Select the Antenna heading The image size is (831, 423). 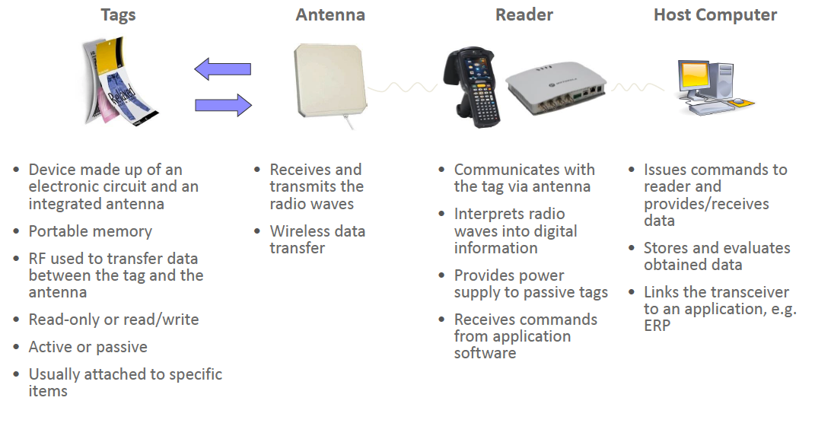330,14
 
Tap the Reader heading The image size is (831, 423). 524,14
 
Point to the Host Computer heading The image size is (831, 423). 715,14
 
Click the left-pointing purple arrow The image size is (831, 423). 223,69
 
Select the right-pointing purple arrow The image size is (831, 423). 223,105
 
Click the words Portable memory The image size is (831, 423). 90,231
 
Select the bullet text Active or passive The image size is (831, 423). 88,347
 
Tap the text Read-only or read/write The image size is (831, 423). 113,320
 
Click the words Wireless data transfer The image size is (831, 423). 317,240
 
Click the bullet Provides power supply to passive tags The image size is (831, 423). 530,284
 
